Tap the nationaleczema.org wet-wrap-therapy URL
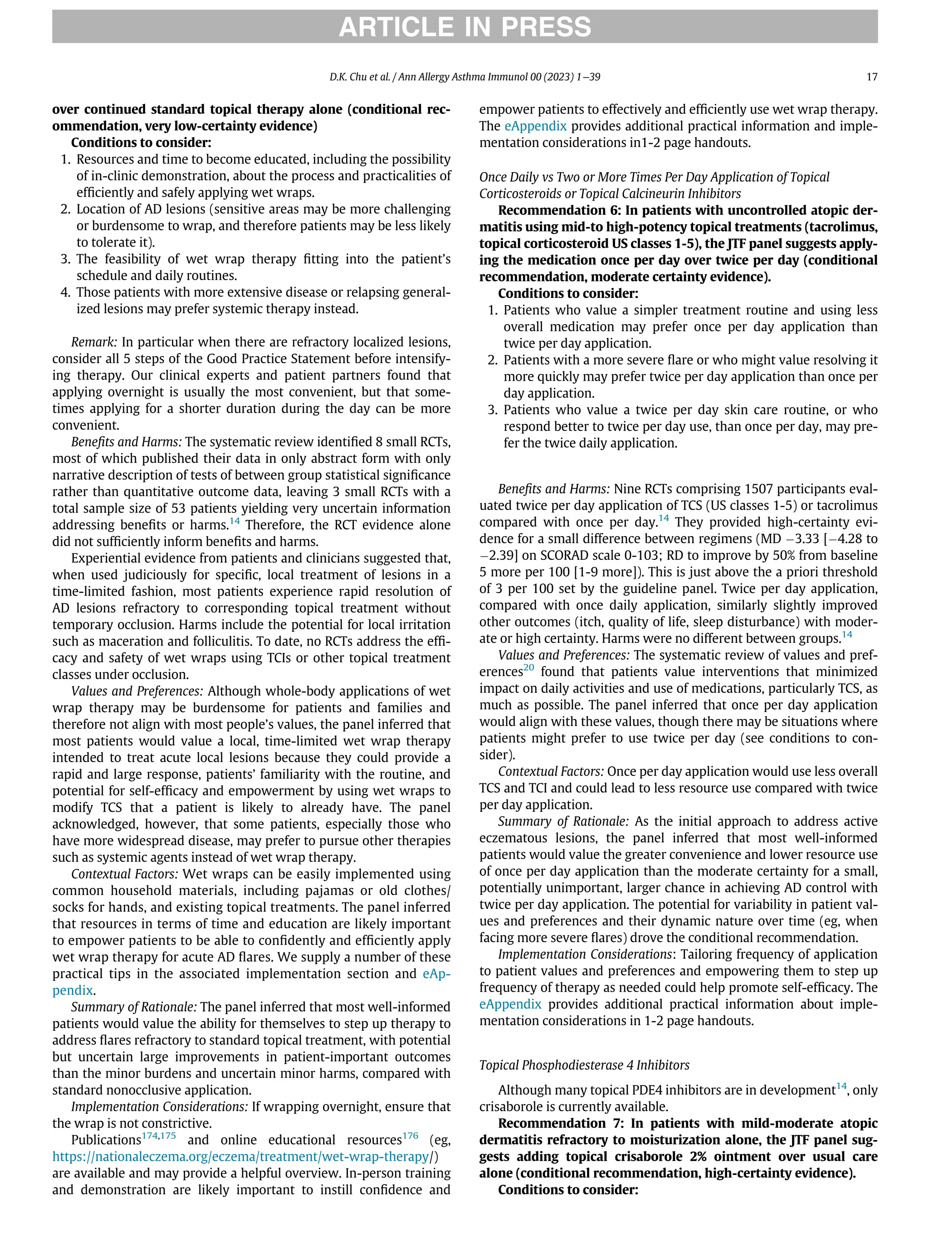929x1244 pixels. point(240,1156)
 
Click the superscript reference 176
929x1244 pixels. point(410,1135)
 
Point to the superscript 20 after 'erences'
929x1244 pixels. point(528,667)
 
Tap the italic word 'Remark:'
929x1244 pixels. point(94,342)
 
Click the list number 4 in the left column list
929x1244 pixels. point(65,292)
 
